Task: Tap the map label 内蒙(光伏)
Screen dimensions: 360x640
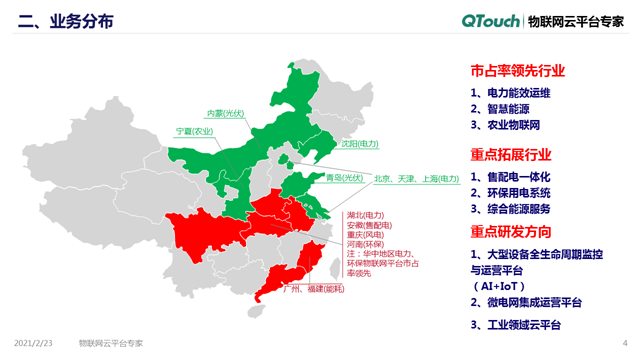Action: [226, 113]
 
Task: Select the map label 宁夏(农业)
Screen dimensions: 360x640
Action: [194, 132]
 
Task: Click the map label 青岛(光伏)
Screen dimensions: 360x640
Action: [343, 178]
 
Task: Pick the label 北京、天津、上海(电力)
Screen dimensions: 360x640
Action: [416, 178]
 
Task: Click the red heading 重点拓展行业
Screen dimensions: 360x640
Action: [510, 154]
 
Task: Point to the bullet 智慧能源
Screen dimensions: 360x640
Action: [511, 110]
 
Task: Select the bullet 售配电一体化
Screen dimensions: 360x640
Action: [518, 176]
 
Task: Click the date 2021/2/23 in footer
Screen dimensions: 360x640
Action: [32, 342]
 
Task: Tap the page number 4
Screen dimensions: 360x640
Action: [625, 342]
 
